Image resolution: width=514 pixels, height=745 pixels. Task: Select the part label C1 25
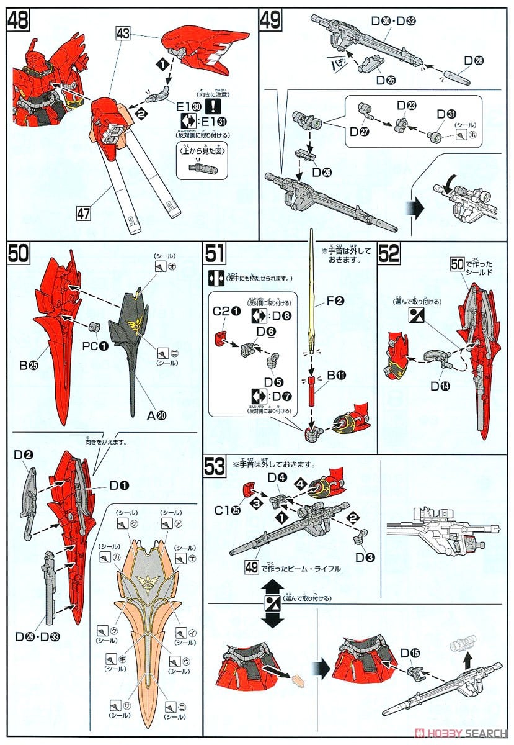[223, 511]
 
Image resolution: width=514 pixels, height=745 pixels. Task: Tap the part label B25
[28, 366]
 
